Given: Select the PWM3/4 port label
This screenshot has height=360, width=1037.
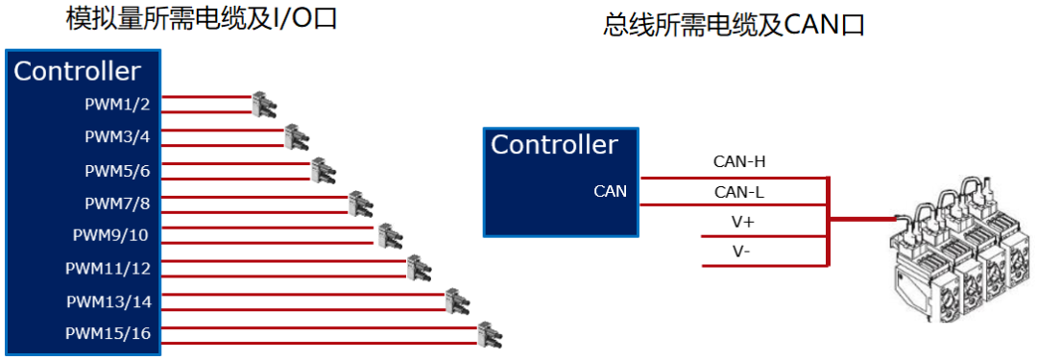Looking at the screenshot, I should pos(117,136).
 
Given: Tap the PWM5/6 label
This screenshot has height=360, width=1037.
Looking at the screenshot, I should pos(117,171).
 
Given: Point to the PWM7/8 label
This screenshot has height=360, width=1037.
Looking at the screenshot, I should pos(117,204).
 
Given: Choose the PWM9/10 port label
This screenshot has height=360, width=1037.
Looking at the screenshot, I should pos(111,235).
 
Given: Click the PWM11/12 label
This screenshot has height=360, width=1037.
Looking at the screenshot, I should pos(108,268).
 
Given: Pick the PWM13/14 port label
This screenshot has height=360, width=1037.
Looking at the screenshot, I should pos(108,301).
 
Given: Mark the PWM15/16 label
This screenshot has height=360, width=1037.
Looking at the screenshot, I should pos(108,334).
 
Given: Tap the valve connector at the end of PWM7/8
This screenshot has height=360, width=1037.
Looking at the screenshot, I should pos(360,204).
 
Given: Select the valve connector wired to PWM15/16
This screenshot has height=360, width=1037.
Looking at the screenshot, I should pos(490,334).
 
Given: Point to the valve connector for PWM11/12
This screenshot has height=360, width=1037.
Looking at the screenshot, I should pos(416,268).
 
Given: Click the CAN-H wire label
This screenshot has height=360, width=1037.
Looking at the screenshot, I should pos(738,161).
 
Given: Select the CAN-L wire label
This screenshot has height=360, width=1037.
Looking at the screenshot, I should pos(738,192).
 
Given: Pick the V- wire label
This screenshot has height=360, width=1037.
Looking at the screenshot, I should pos(741,252).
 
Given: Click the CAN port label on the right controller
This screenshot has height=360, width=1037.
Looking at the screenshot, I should pos(610,191).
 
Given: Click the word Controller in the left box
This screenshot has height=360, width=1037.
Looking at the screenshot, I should pos(77,71).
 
